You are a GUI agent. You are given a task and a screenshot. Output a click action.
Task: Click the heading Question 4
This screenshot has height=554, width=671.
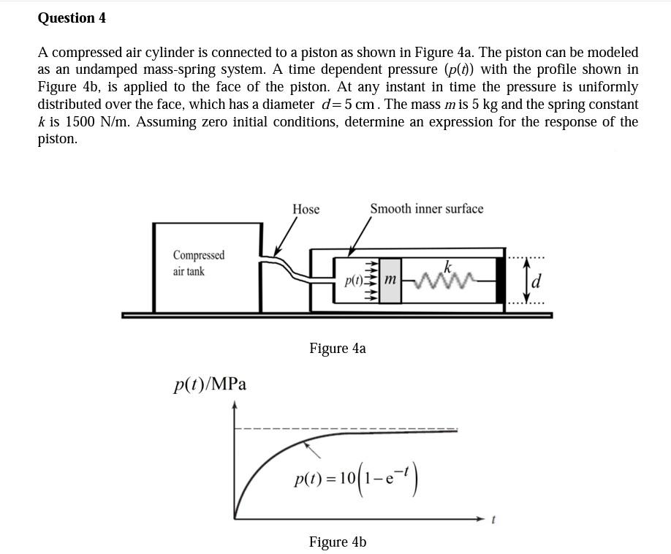pyautogui.click(x=72, y=18)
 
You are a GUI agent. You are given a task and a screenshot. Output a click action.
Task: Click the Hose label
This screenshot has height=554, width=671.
pyautogui.click(x=306, y=209)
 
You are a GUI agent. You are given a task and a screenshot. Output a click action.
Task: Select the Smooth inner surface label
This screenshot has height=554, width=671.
pyautogui.click(x=426, y=209)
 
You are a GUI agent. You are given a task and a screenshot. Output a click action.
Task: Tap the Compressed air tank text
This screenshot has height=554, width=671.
pyautogui.click(x=198, y=263)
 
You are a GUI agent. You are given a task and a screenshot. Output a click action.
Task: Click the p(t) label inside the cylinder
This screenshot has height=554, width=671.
pyautogui.click(x=354, y=281)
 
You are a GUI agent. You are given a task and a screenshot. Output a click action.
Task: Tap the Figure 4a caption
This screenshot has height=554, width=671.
pyautogui.click(x=337, y=348)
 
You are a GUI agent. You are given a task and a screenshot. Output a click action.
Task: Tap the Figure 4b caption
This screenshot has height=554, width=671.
pyautogui.click(x=337, y=542)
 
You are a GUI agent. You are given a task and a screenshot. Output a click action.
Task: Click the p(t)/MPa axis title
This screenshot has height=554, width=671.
pyautogui.click(x=210, y=384)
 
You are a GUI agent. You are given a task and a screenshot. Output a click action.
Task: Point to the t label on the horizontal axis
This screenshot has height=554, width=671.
pyautogui.click(x=493, y=520)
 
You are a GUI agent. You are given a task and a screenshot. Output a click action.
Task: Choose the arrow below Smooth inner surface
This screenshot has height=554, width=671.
pyautogui.click(x=358, y=238)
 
